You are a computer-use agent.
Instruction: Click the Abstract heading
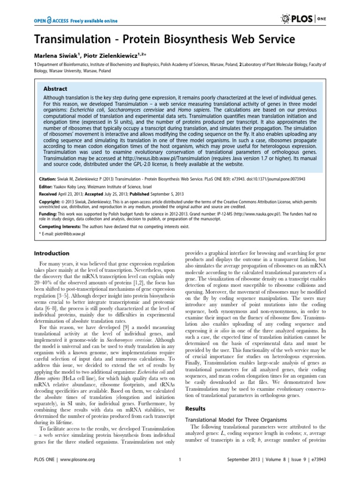[55, 88]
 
